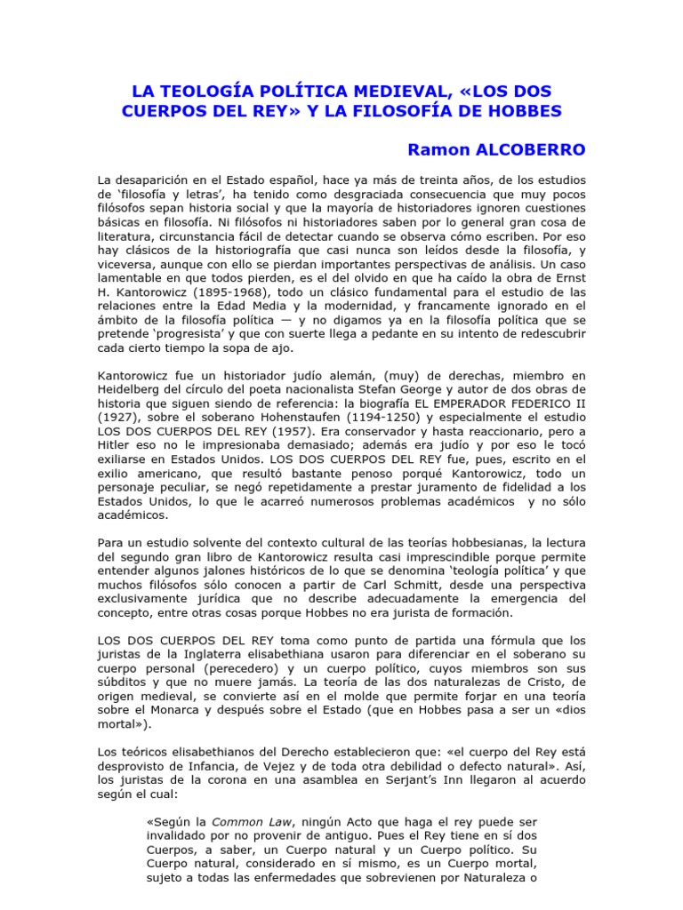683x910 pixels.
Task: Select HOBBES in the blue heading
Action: click(519, 112)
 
